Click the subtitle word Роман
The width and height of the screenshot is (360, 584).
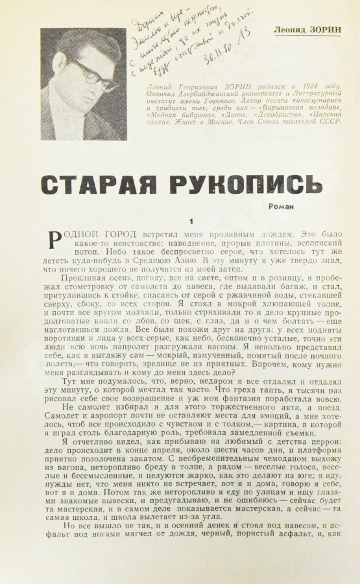point(281,207)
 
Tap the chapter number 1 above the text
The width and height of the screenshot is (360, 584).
point(191,222)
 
